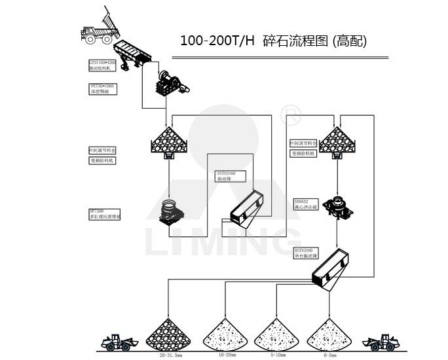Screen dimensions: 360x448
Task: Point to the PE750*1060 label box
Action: click(102, 88)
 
